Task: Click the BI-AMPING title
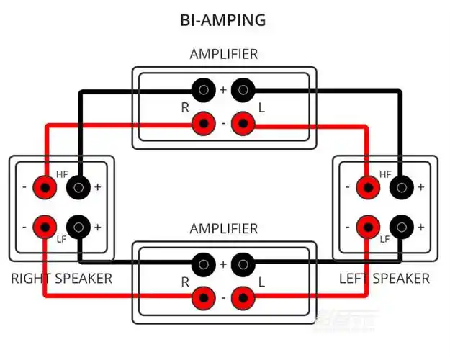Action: tap(223, 19)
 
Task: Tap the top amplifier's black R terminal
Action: tap(204, 90)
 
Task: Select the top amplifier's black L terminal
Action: tap(244, 90)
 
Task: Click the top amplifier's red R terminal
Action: tap(204, 124)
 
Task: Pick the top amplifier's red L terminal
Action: tap(244, 124)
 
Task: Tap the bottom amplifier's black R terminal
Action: tap(204, 264)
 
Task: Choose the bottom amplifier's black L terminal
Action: tap(244, 264)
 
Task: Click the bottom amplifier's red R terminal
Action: tap(204, 297)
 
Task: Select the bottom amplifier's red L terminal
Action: tap(244, 297)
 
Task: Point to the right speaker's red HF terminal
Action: tap(46, 188)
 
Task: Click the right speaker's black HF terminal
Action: tap(78, 188)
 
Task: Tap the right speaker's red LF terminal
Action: tap(46, 227)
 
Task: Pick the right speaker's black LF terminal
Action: tap(78, 227)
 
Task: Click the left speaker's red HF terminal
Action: tap(369, 188)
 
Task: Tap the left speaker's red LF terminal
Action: tap(369, 227)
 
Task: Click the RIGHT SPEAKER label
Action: tap(61, 278)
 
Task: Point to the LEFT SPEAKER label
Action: tap(384, 278)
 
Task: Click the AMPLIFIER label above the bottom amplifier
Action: tap(223, 229)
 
